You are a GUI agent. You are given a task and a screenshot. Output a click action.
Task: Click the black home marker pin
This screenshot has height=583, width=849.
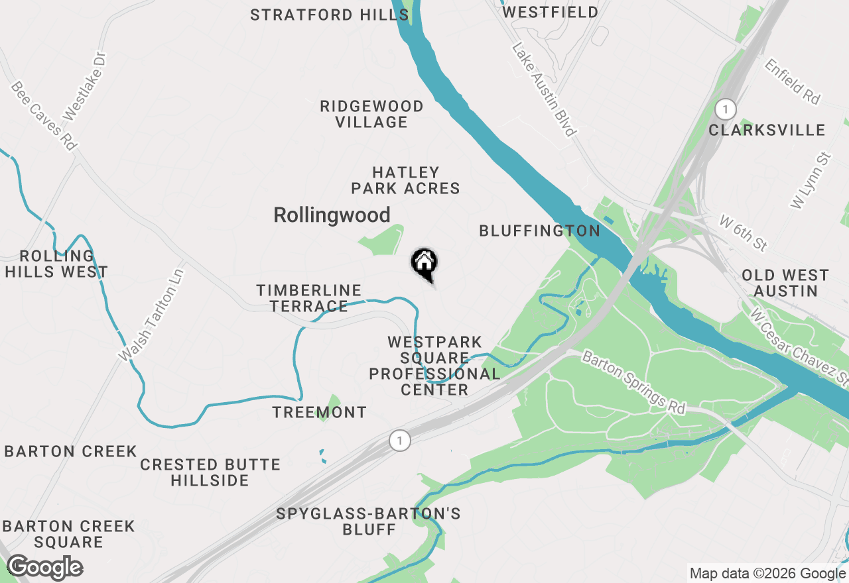(x=424, y=263)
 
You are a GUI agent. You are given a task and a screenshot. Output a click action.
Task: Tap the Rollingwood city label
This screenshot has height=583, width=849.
(x=332, y=215)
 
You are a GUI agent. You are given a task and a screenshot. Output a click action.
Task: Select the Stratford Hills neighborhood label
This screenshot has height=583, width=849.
(x=329, y=15)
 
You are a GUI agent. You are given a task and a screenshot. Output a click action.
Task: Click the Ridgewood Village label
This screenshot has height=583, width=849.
(x=371, y=114)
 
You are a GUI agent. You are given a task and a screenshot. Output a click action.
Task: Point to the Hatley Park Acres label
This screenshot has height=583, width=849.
(x=405, y=181)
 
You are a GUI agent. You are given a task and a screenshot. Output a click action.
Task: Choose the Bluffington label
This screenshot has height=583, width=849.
(x=539, y=231)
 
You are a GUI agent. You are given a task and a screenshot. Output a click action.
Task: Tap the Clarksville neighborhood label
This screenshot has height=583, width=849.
(x=767, y=130)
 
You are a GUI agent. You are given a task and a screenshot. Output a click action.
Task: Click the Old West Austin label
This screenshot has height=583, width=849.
(x=785, y=283)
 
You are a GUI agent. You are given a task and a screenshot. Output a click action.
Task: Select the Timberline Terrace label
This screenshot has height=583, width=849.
(x=309, y=298)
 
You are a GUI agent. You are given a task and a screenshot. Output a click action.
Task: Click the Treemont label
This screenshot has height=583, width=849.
(x=319, y=412)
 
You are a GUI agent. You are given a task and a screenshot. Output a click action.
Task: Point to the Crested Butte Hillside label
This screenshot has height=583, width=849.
(x=210, y=472)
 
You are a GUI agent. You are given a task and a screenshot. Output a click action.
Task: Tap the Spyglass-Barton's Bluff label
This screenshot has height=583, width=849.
(x=369, y=521)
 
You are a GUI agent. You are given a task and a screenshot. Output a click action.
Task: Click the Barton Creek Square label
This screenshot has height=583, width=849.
(x=68, y=534)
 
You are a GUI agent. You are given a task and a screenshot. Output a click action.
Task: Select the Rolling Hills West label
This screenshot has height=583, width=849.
(x=56, y=264)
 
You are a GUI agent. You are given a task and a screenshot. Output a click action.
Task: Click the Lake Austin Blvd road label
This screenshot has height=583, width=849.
(x=543, y=89)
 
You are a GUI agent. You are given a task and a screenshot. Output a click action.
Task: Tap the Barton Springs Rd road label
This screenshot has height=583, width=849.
(x=633, y=384)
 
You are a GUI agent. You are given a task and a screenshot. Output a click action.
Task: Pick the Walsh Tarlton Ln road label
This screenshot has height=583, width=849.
(x=151, y=315)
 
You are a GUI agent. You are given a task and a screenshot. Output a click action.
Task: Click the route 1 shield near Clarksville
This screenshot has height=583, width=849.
(x=726, y=109)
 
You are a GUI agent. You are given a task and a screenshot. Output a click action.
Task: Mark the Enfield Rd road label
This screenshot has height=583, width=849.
(x=793, y=81)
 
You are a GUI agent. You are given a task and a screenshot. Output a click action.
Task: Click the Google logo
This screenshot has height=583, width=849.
(x=44, y=568)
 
